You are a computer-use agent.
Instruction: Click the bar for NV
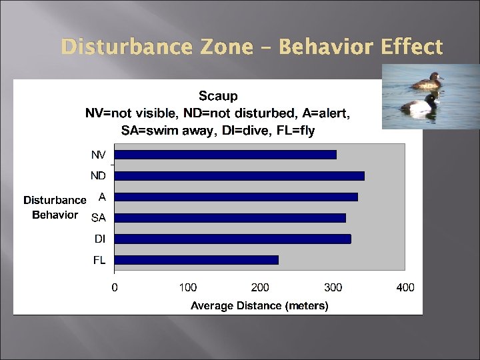coord(225,155)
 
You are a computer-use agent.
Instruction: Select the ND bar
coord(239,176)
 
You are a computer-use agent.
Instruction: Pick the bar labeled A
coord(236,197)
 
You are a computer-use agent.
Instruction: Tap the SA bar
coord(230,217)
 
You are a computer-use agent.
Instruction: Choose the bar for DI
coord(233,239)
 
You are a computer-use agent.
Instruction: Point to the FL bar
coord(197,260)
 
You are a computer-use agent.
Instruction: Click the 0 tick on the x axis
coord(115,287)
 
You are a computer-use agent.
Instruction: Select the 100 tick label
coord(187,287)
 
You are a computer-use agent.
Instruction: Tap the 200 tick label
coord(260,287)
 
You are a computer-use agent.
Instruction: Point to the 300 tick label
coord(333,287)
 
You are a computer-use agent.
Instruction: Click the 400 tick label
coord(405,287)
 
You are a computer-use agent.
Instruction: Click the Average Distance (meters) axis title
coord(259,306)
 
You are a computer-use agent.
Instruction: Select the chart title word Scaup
coord(218,96)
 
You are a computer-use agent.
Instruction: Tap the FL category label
coord(99,260)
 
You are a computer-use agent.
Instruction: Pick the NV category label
coord(98,155)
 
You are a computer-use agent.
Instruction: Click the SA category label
coord(98,217)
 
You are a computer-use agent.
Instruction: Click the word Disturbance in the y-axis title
coord(55,200)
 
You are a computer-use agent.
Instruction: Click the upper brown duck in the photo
coord(427,81)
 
